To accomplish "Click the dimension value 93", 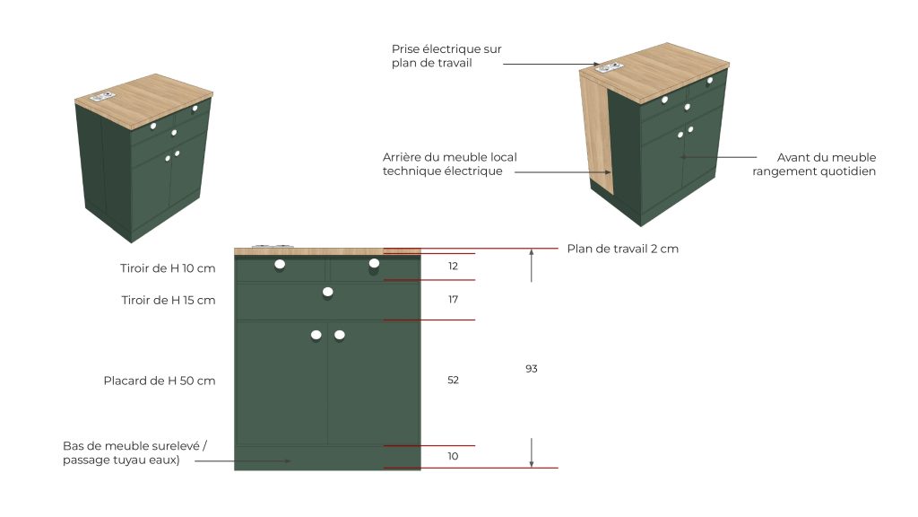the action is pyautogui.click(x=531, y=369).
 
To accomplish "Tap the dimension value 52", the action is pyautogui.click(x=453, y=380).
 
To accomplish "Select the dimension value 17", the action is pyautogui.click(x=453, y=300).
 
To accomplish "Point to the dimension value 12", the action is pyautogui.click(x=453, y=266).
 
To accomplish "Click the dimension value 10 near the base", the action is pyautogui.click(x=453, y=456).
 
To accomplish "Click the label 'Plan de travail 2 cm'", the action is pyautogui.click(x=622, y=249).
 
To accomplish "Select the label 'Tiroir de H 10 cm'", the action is pyautogui.click(x=168, y=268).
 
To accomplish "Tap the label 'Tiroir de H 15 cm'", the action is pyautogui.click(x=168, y=300).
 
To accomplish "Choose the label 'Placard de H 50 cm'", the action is pyautogui.click(x=160, y=381).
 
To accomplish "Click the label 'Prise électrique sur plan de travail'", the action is pyautogui.click(x=446, y=57).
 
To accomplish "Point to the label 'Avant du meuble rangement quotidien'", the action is pyautogui.click(x=814, y=164).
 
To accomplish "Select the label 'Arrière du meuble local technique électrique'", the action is pyautogui.click(x=450, y=164).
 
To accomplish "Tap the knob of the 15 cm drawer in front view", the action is pyautogui.click(x=328, y=292).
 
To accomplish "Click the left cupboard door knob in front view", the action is pyautogui.click(x=316, y=336).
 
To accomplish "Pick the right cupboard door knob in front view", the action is pyautogui.click(x=340, y=336).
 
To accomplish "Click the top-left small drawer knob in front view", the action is pyautogui.click(x=280, y=265).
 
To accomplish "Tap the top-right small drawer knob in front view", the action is pyautogui.click(x=374, y=264).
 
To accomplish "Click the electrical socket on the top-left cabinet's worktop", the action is pyautogui.click(x=102, y=97).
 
